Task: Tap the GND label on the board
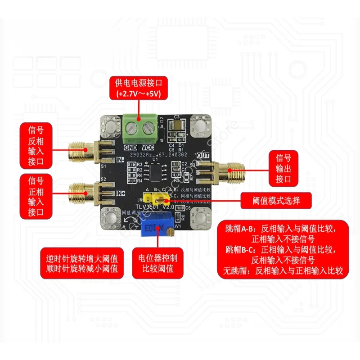pyautogui.click(x=130, y=147)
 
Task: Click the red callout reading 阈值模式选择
pyautogui.click(x=276, y=200)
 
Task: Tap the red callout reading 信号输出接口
pyautogui.click(x=283, y=169)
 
